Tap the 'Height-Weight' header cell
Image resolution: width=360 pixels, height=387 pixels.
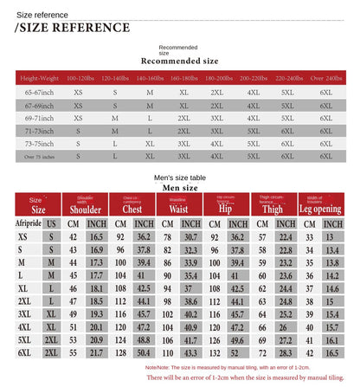(x=38, y=80)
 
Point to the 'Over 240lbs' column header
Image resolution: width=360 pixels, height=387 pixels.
(x=325, y=80)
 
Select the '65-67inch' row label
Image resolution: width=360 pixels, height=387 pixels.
(x=38, y=91)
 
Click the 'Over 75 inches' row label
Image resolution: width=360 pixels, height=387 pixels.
(x=38, y=156)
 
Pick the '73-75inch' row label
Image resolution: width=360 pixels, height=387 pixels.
(x=38, y=143)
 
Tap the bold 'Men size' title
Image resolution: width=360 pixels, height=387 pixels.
(x=180, y=188)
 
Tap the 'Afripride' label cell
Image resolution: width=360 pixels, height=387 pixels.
(x=29, y=223)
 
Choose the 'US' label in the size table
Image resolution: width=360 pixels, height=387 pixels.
(x=52, y=223)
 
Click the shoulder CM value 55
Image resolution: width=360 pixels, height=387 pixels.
(x=74, y=352)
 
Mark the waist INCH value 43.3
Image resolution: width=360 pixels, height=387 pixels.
(x=190, y=352)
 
